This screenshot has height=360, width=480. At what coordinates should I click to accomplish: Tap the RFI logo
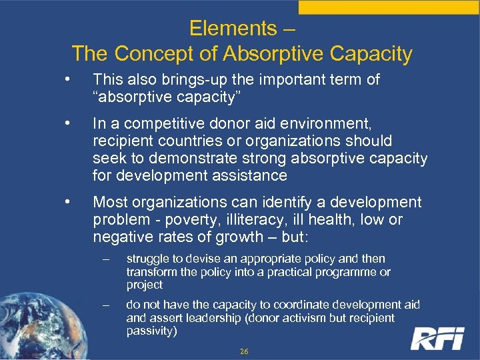coord(437,338)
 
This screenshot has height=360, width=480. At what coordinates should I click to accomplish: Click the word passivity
coord(151,331)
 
